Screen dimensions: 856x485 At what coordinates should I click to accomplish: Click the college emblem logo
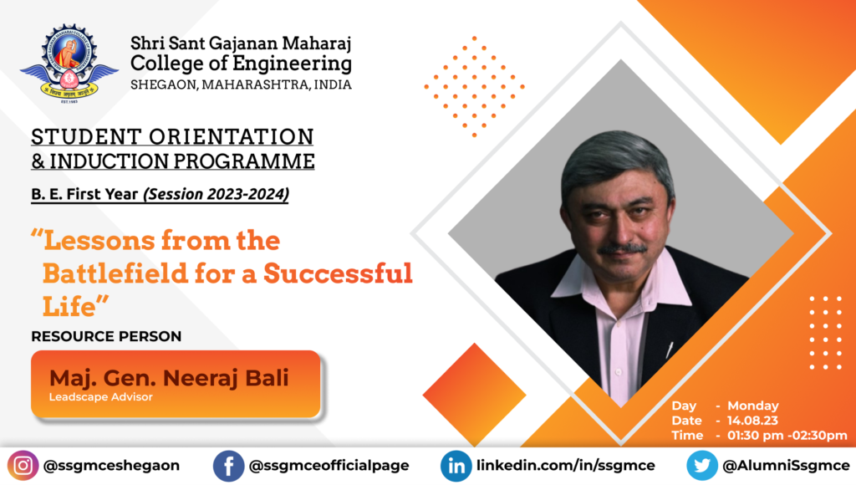pos(69,64)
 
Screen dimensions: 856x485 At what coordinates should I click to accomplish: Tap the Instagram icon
pos(23,466)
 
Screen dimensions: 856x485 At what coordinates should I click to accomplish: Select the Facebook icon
pos(228,466)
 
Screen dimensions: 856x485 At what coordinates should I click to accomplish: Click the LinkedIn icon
pos(456,466)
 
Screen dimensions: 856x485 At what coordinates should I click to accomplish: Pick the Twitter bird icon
pos(702,466)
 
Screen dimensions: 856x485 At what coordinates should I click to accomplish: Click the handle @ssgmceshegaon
pos(111,466)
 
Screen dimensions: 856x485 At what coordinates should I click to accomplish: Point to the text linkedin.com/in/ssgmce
pos(566,466)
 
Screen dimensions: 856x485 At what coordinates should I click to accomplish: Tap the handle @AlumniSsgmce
pos(786,466)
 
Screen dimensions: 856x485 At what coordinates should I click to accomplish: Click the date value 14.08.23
pos(753,421)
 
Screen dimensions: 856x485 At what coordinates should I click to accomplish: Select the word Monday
pos(753,406)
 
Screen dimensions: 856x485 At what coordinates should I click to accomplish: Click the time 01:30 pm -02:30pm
pos(787,436)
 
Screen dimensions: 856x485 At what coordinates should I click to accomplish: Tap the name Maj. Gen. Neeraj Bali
pos(169,378)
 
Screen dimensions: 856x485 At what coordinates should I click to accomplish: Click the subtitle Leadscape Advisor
pos(101,397)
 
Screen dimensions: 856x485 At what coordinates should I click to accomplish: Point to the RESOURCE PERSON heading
pos(106,336)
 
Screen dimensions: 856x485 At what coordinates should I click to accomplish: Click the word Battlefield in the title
pos(115,273)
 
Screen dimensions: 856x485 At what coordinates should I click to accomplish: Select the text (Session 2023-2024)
pos(217,194)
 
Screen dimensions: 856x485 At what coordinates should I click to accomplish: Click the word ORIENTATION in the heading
pos(232,136)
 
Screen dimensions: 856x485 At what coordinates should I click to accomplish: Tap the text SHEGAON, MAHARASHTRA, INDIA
pos(242,84)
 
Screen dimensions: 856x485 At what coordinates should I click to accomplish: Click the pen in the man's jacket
pos(670,350)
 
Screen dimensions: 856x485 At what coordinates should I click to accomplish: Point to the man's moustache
pos(622,249)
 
